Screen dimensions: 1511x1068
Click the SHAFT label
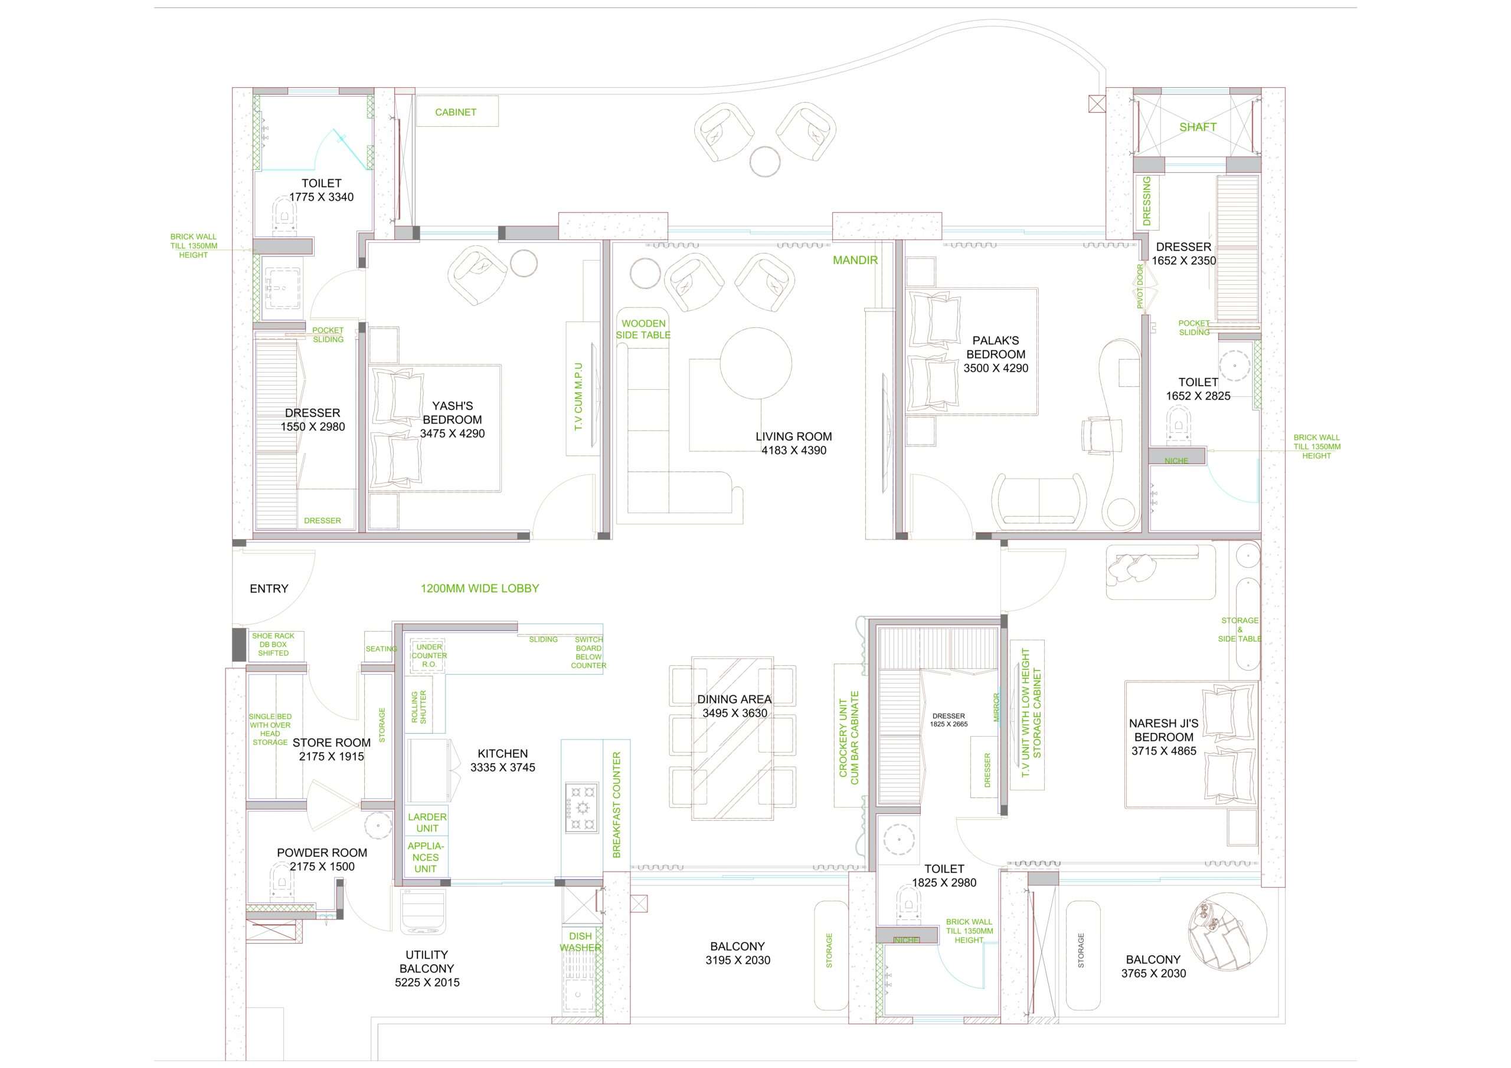(x=1198, y=127)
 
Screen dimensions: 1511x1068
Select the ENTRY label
(x=269, y=589)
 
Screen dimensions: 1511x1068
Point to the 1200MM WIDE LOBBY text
(x=480, y=589)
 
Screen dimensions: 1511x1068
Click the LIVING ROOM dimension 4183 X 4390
(x=794, y=451)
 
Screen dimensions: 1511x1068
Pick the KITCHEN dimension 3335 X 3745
(x=503, y=767)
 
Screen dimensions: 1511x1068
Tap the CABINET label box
(x=457, y=112)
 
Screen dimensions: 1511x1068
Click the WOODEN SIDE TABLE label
(x=643, y=329)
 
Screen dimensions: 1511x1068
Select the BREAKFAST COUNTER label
(x=617, y=805)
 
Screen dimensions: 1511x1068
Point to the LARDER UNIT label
(x=427, y=823)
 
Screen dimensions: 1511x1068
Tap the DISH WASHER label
(x=580, y=942)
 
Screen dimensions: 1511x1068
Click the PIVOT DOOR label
(x=1140, y=286)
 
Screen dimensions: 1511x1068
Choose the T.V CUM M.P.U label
(x=578, y=397)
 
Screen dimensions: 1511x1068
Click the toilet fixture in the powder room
(x=281, y=881)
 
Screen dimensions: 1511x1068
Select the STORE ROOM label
(x=332, y=742)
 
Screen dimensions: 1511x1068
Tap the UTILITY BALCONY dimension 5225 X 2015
(x=427, y=982)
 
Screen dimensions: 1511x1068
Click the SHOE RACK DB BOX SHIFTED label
(x=273, y=645)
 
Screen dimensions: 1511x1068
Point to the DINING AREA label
(x=734, y=699)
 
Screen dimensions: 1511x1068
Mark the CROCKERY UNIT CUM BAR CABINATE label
(x=849, y=738)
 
